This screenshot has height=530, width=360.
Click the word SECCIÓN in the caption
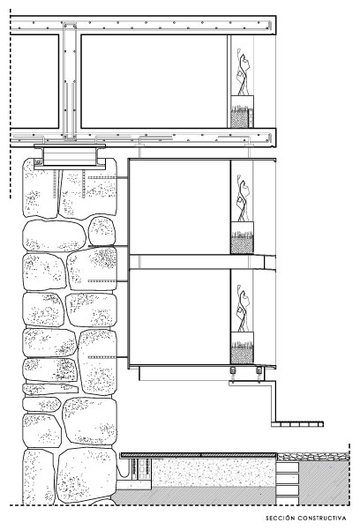click(x=280, y=518)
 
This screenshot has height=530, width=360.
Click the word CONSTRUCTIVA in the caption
click(x=322, y=518)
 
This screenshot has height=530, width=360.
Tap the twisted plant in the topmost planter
click(x=244, y=72)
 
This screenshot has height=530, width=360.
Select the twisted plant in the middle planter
click(x=244, y=198)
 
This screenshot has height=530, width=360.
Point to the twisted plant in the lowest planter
click(x=244, y=309)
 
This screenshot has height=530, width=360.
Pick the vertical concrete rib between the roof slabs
click(x=70, y=81)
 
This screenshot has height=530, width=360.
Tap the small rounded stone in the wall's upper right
click(x=101, y=231)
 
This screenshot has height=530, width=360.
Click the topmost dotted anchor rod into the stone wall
click(x=108, y=177)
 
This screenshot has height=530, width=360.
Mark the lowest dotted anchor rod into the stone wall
click(x=108, y=357)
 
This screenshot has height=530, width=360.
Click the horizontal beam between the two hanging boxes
click(x=202, y=262)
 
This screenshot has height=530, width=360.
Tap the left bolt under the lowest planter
click(x=233, y=370)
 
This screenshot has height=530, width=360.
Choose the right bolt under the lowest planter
click(x=259, y=370)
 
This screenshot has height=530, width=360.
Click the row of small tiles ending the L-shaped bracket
click(x=297, y=424)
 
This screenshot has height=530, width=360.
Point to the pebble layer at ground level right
click(x=313, y=457)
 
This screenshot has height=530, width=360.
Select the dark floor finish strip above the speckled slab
click(x=199, y=455)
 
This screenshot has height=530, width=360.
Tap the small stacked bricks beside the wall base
click(x=141, y=469)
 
